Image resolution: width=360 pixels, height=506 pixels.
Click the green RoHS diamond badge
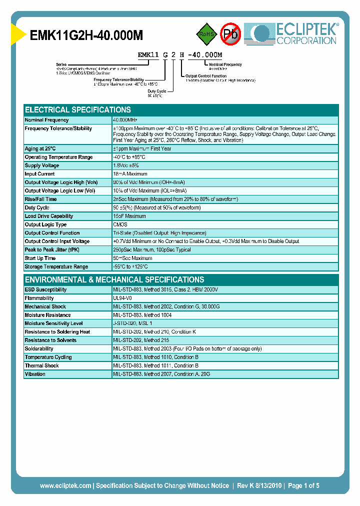tap(206, 34)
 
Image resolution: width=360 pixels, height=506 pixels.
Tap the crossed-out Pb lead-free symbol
tap(231, 34)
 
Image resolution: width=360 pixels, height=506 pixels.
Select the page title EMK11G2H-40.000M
tap(86, 35)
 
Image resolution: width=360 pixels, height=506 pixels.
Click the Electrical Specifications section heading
tap(78, 109)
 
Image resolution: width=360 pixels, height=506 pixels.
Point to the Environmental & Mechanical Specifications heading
tap(114, 279)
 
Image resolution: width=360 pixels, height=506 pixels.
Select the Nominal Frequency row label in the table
tap(46, 120)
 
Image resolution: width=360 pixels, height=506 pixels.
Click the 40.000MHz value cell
tap(125, 120)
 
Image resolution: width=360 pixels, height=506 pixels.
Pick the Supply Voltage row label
tap(42, 165)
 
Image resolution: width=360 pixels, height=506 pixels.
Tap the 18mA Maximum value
tap(130, 174)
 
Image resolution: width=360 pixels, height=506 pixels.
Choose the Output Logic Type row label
tap(45, 224)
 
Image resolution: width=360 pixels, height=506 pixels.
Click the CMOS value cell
tap(120, 224)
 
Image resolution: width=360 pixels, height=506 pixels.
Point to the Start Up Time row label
tap(40, 258)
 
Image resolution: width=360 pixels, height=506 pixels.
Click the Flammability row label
tap(39, 298)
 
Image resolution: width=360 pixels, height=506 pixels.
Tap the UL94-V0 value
tap(123, 298)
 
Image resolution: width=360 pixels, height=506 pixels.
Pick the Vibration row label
tap(35, 374)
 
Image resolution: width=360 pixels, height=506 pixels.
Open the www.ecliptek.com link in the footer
tap(65, 485)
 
